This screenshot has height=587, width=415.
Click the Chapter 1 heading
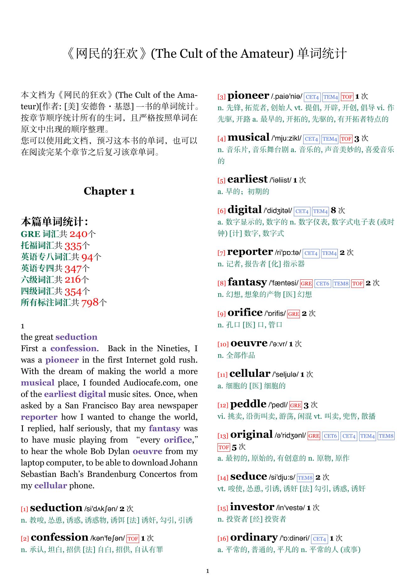tap(109, 191)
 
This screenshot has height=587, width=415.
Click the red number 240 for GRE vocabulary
tap(78, 234)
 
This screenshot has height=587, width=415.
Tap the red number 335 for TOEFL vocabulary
tap(73, 246)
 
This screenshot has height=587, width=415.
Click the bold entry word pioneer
tap(248, 96)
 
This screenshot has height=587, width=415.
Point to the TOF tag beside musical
tap(346, 139)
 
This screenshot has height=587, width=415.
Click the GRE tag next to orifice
tap(294, 314)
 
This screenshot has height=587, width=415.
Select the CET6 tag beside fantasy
tap(322, 283)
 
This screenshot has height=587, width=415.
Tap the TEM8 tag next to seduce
tap(305, 478)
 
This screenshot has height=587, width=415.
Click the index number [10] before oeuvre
tap(223, 344)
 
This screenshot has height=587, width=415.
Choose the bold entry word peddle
tap(248, 404)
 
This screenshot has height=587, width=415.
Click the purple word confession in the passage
tap(73, 348)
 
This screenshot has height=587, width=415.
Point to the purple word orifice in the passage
tap(178, 440)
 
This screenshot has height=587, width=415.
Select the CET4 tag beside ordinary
tap(320, 539)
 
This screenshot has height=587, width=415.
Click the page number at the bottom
tap(207, 571)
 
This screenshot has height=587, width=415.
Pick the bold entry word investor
tap(252, 507)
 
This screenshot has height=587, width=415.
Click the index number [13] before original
tap(223, 436)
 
